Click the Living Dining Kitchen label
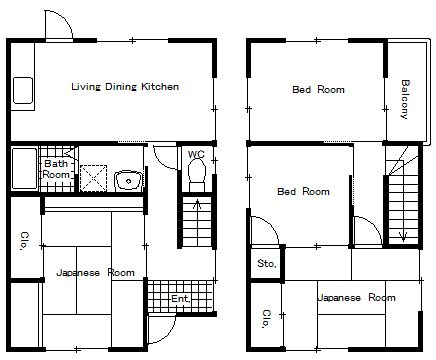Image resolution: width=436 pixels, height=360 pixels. tap(125, 87)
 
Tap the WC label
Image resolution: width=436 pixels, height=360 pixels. tap(196, 154)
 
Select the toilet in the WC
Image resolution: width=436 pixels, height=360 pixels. tap(197, 175)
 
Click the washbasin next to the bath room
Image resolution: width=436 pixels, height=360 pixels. tap(129, 180)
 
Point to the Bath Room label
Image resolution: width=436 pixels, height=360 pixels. tap(56, 169)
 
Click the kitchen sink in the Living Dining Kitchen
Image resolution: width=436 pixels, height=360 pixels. tap(23, 90)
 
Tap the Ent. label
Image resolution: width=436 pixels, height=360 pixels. tap(181, 299)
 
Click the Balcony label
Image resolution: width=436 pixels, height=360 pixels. tap(405, 99)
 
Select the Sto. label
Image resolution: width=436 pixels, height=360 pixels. tap(267, 264)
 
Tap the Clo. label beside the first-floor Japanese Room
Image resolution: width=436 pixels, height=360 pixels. tap(24, 241)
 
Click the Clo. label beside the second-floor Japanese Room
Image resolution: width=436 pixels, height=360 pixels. tap(266, 319)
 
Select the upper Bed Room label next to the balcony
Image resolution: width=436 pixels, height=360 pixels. tap(318, 89)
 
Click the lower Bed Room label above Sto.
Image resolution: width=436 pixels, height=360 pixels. tap(303, 191)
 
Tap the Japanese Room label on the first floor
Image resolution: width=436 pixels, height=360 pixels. tap(95, 273)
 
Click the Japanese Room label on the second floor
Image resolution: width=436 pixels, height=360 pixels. tap(357, 297)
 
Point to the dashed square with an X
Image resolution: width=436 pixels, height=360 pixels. tap(94, 178)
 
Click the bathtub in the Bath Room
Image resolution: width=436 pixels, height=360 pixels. tap(24, 169)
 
